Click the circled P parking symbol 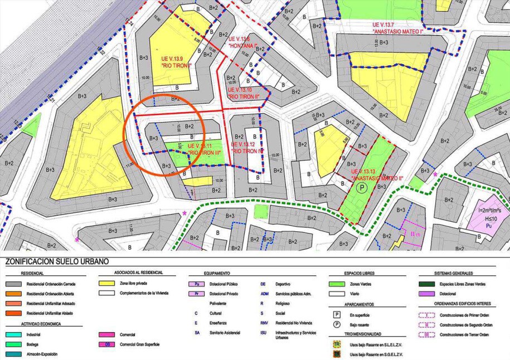tap(362, 188)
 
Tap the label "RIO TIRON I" tap(176, 65)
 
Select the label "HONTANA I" tap(242, 46)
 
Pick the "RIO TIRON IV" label tap(247, 151)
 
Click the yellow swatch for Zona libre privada tap(109, 283)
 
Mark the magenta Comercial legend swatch tap(109, 334)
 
